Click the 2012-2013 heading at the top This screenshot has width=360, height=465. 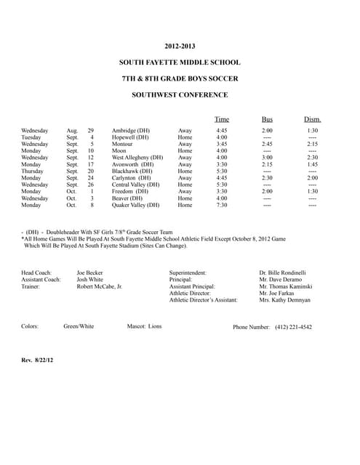(180, 46)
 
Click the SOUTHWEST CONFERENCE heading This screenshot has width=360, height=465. (180, 94)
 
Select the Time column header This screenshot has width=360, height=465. (222, 119)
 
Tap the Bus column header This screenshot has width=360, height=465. (267, 119)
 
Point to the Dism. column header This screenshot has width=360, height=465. (312, 119)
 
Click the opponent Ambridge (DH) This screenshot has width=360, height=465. (131, 131)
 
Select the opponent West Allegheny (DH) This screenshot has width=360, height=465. (137, 157)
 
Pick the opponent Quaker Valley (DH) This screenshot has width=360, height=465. (135, 206)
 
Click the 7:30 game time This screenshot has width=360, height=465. (222, 206)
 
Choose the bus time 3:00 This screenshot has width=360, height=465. (267, 157)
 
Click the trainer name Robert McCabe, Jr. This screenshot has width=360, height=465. (100, 287)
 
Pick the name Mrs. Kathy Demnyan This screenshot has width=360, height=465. (284, 300)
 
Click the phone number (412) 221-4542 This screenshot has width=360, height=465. (294, 327)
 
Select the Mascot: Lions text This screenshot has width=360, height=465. (144, 327)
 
